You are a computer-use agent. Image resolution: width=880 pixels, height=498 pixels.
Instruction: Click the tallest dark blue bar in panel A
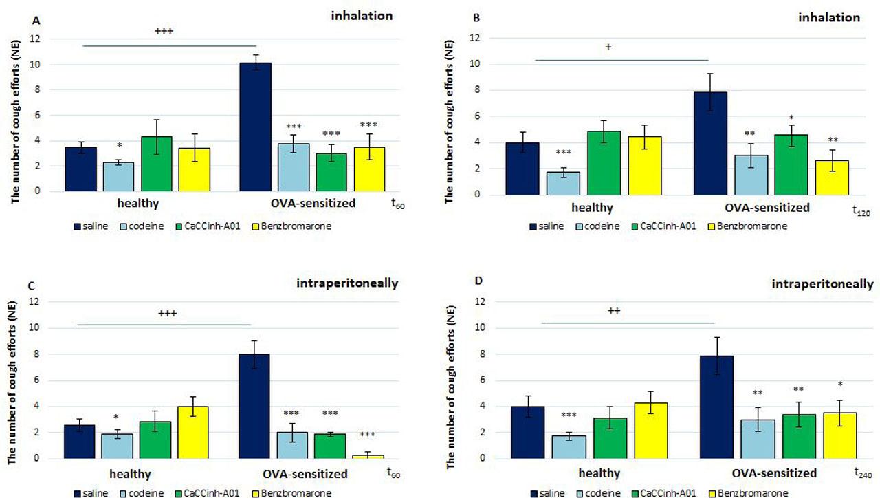tap(255, 127)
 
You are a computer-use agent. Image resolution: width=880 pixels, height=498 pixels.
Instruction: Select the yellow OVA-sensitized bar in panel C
tap(369, 455)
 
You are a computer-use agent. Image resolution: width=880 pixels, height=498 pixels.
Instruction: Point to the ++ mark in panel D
tap(614, 310)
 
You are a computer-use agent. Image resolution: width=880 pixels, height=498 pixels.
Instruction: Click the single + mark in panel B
tap(608, 47)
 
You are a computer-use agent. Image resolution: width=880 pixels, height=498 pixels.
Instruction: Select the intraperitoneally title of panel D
tap(822, 283)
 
